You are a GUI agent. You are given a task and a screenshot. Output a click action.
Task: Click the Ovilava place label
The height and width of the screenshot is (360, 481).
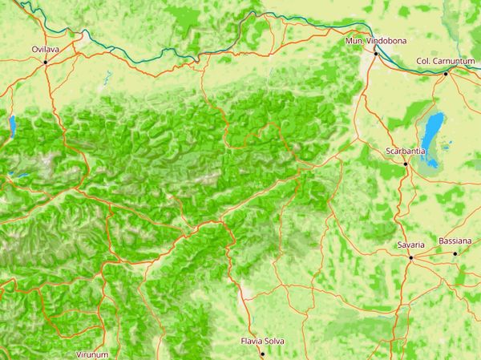click(45, 50)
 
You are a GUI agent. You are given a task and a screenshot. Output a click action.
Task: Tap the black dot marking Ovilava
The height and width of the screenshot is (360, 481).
click(46, 62)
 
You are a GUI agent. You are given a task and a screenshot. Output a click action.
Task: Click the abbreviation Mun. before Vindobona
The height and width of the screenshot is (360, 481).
click(353, 41)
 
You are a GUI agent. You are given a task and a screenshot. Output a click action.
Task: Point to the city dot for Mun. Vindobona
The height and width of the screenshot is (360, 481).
click(374, 53)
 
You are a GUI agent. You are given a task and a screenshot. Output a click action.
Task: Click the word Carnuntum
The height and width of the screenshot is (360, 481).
click(454, 62)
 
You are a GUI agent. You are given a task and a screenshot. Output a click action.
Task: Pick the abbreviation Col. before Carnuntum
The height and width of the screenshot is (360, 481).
click(423, 62)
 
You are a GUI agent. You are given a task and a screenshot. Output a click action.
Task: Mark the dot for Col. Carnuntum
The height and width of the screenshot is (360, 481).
click(446, 74)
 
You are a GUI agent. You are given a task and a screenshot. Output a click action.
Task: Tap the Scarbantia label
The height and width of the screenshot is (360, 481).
click(405, 152)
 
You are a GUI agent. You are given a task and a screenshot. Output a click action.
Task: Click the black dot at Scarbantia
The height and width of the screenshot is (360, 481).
click(406, 164)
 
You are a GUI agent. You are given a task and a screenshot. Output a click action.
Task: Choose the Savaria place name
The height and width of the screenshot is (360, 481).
click(410, 245)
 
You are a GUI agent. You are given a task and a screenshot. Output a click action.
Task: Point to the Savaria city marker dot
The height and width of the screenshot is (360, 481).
click(410, 257)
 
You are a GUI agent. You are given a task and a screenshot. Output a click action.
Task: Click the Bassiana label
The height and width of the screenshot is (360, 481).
click(455, 241)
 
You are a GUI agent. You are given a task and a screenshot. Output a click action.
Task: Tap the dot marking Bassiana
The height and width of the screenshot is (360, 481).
click(455, 253)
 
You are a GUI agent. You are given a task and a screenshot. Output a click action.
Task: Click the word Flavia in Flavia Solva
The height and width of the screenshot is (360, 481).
click(253, 342)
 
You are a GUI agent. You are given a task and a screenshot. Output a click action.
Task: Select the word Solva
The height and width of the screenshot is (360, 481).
click(274, 342)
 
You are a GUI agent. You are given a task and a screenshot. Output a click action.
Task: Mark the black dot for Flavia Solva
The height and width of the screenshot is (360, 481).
click(261, 354)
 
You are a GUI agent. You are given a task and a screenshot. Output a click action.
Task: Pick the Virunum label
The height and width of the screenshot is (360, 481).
click(91, 354)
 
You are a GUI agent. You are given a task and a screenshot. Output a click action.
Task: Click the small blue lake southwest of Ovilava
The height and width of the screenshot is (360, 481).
click(12, 125)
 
